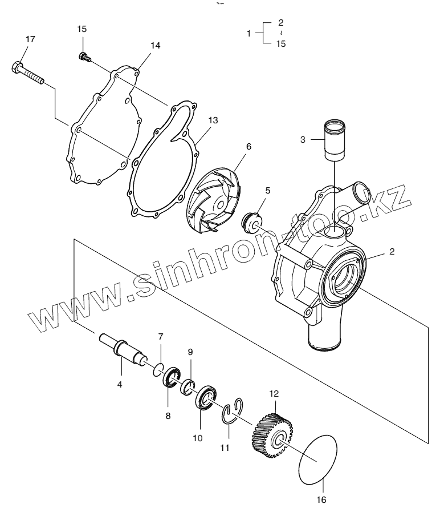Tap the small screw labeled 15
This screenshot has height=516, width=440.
[84, 56]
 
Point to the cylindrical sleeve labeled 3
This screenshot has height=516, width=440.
[335, 141]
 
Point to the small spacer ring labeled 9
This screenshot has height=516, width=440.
[188, 388]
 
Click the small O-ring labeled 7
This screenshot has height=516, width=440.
[157, 370]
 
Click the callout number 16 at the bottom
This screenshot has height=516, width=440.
[321, 500]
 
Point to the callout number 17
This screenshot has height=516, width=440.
[30, 39]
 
